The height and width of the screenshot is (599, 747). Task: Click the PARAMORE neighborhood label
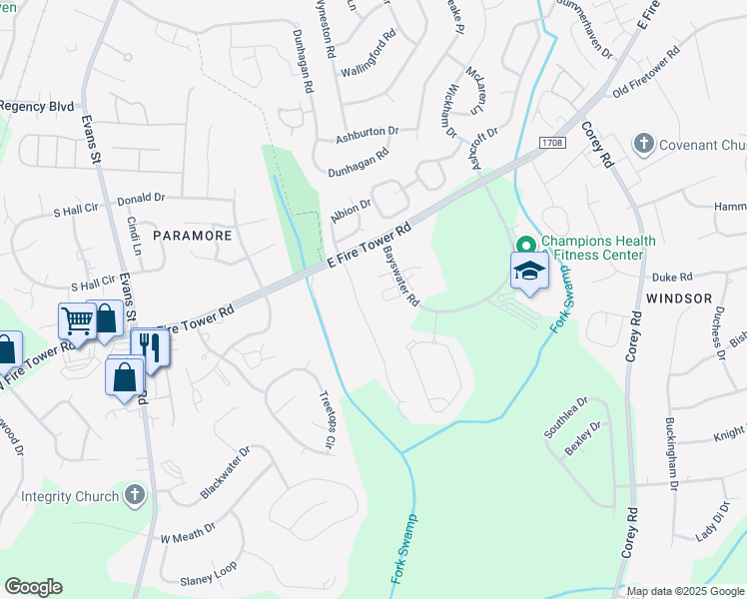192,236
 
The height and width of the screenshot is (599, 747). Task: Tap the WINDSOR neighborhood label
679,299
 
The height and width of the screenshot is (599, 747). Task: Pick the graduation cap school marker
529,269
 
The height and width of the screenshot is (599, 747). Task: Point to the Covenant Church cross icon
644,145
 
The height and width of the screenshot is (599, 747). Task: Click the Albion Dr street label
351,211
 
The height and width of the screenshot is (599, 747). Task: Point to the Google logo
33,587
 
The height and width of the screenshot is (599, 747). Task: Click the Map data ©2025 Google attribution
684,591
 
